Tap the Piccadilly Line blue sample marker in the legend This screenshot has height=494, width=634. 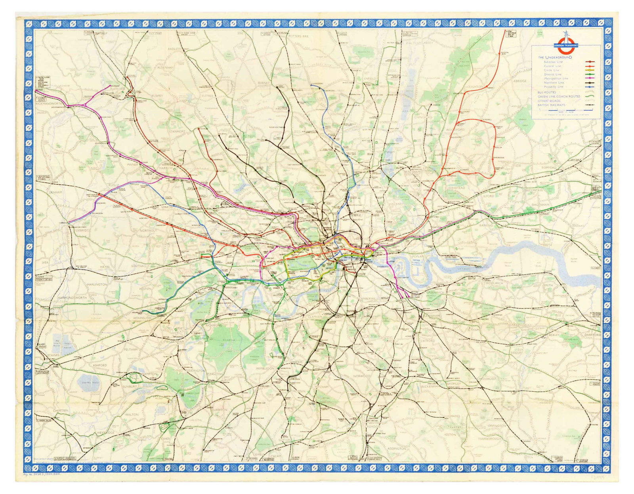pyautogui.click(x=590, y=86)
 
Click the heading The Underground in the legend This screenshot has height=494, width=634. pyautogui.click(x=555, y=57)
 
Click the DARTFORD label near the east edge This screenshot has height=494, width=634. pyautogui.click(x=592, y=335)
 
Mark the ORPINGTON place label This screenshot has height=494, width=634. pyautogui.click(x=497, y=426)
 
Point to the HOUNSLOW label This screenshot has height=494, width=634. pyautogui.click(x=143, y=318)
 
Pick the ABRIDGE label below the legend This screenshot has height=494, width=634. pyautogui.click(x=520, y=81)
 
